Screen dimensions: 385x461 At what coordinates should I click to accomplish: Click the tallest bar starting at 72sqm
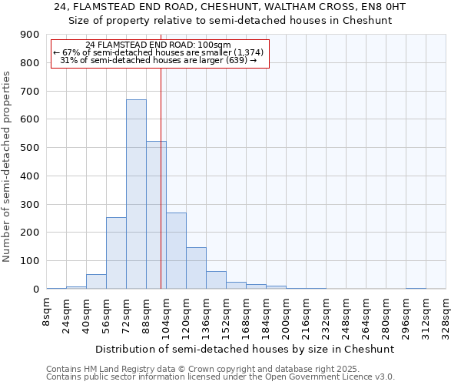[x=136, y=194]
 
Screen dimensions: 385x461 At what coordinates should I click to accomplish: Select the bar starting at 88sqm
[x=156, y=215]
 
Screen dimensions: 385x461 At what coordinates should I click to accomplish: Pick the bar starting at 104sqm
[x=176, y=250]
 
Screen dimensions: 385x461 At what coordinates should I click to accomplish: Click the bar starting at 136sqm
[x=216, y=280]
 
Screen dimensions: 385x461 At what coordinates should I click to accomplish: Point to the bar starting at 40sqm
[x=96, y=282]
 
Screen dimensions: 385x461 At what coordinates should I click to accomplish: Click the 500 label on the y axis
[x=30, y=148]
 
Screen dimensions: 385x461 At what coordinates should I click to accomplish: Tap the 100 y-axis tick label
[x=30, y=261]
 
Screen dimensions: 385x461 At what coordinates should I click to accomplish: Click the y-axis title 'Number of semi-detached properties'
[x=8, y=166]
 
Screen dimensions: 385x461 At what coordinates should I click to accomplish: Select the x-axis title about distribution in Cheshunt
[x=246, y=349]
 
